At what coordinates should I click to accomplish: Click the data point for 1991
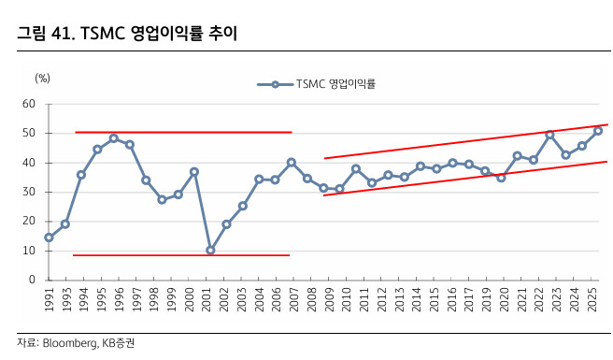click(49, 238)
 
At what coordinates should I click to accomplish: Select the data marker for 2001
click(210, 250)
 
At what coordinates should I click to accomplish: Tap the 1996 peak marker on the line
click(113, 138)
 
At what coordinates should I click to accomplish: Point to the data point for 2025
click(598, 131)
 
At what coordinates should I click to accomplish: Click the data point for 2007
click(292, 163)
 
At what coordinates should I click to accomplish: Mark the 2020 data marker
click(501, 178)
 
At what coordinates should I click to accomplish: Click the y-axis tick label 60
click(28, 104)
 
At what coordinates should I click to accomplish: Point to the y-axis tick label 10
click(28, 251)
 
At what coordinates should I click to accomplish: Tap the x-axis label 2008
click(307, 301)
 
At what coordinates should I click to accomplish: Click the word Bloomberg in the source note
click(67, 343)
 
